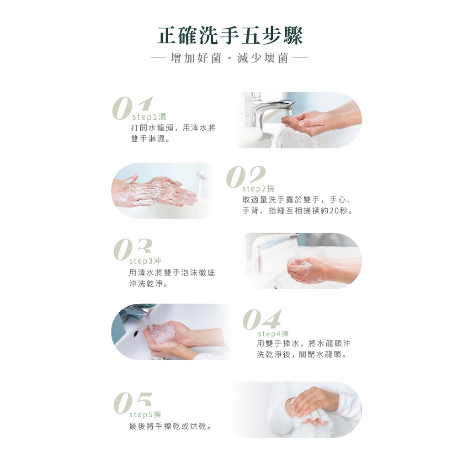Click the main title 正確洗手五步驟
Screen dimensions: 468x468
click(230, 36)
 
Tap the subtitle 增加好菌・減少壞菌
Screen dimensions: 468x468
click(229, 58)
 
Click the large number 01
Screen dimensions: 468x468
click(132, 108)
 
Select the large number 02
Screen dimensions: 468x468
click(246, 177)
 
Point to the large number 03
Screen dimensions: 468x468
click(133, 250)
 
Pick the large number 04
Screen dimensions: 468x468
click(262, 319)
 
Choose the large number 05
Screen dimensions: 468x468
click(133, 403)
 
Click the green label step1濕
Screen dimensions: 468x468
click(149, 117)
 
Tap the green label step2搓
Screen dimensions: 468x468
click(258, 188)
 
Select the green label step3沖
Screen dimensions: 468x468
click(145, 261)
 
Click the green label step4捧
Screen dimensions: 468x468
click(273, 333)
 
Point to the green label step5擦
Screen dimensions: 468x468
click(145, 414)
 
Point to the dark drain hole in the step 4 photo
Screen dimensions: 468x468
click(136, 332)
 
